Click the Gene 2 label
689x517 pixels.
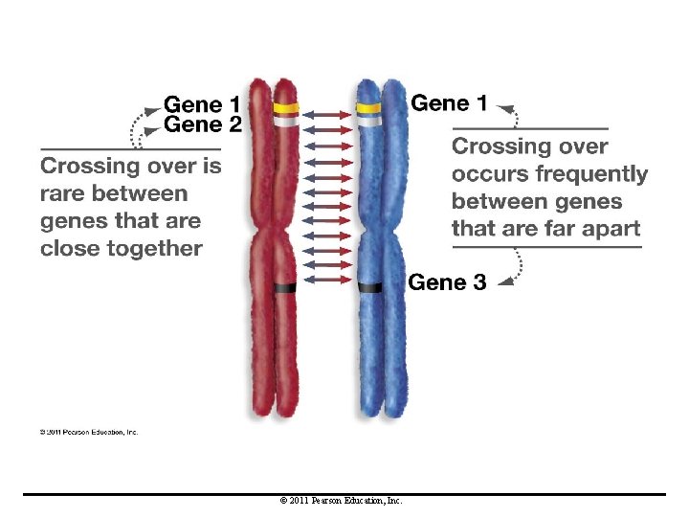tap(203, 124)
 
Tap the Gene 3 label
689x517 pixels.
tap(447, 282)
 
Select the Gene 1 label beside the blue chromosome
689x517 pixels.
tap(449, 102)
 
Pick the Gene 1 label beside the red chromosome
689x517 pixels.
tap(203, 103)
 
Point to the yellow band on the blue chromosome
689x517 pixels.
tap(369, 108)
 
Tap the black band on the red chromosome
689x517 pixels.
tap(285, 287)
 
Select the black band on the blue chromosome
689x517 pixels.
tap(369, 286)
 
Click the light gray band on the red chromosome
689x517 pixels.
tap(285, 122)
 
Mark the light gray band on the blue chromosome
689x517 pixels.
tap(369, 122)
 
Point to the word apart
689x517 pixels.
tap(609, 229)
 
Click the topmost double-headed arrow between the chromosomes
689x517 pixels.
tap(327, 113)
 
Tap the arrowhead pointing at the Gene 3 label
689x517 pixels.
tap(503, 281)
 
